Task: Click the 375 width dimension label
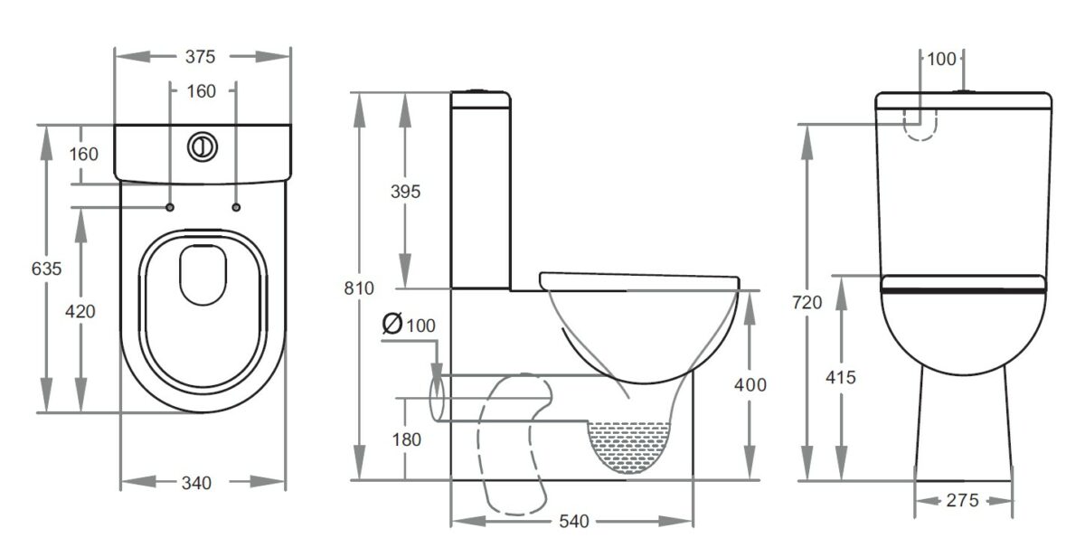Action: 200,57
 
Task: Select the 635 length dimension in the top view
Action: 46,269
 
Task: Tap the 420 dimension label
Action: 80,311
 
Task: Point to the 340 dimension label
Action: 196,483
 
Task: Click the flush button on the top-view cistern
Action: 203,146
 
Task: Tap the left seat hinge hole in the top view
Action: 170,207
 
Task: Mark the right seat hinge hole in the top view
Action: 236,207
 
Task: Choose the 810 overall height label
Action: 359,288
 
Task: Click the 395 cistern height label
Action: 405,192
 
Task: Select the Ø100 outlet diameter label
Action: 409,324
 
